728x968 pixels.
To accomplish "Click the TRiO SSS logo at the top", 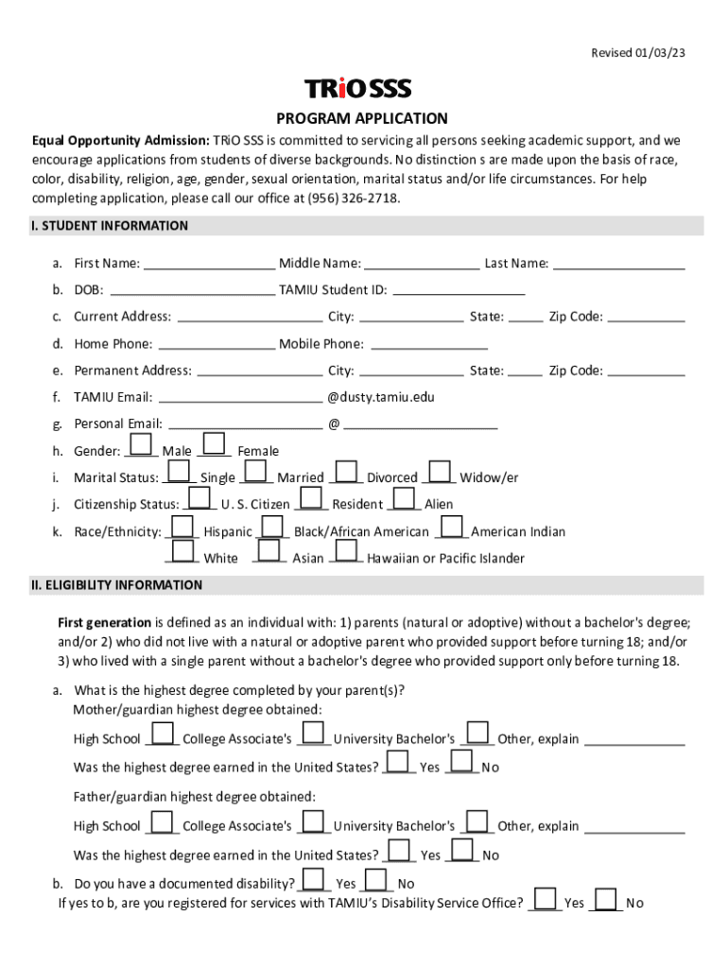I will tap(357, 89).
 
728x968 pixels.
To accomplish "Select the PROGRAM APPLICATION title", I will tap(362, 119).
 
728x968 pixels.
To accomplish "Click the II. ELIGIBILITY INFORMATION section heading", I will tap(116, 585).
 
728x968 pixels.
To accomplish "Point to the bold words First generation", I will tap(104, 622).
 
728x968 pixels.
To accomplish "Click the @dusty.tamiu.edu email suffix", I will tap(381, 398).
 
